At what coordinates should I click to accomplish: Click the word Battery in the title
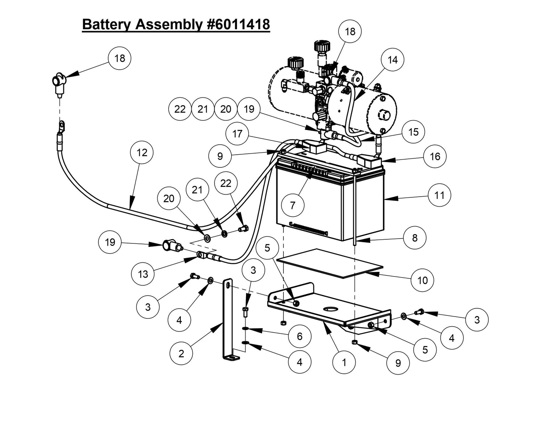107,24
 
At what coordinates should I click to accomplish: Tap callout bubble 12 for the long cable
142,153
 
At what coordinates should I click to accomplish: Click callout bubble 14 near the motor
392,60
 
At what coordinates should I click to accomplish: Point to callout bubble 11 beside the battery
440,195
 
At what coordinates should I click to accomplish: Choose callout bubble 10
422,280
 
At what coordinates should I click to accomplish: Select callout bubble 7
293,205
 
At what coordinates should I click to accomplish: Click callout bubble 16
435,156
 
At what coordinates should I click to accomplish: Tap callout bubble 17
237,134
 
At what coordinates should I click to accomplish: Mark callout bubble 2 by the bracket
181,354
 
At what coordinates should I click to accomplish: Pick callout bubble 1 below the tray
344,362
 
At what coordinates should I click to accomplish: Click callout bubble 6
300,336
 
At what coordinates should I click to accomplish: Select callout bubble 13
143,274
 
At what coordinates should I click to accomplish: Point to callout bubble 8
415,237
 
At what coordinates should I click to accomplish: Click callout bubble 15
413,132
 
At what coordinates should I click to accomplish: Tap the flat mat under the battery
329,263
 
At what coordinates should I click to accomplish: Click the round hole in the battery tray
330,309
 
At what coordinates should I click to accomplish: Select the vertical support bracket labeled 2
227,318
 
